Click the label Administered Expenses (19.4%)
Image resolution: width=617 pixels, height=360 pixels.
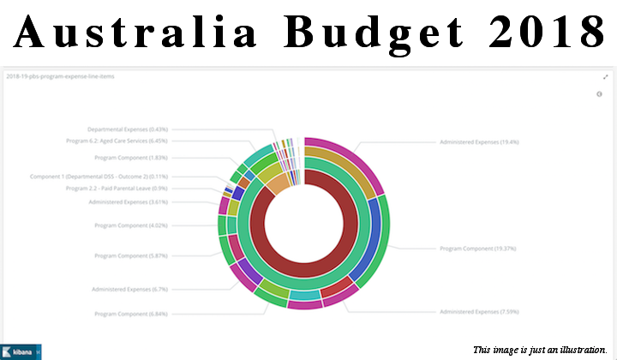tap(479, 141)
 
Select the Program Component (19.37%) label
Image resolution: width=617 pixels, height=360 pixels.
tap(477, 249)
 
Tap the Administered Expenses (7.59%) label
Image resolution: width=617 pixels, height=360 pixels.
tap(479, 311)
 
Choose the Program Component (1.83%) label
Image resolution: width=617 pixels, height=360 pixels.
tap(131, 158)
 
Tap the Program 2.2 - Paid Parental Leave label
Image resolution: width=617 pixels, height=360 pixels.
tap(117, 188)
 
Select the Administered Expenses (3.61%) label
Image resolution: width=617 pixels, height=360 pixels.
tap(128, 202)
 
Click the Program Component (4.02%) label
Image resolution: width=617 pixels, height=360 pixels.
tap(131, 225)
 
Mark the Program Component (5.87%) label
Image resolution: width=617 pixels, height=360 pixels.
tap(131, 255)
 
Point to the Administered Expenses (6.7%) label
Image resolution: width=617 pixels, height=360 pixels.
tap(129, 289)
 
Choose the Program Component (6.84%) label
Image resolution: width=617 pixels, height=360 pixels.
tap(131, 315)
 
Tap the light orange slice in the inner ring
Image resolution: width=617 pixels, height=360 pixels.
tap(279, 183)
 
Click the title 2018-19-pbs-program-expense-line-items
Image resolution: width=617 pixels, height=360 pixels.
tap(60, 76)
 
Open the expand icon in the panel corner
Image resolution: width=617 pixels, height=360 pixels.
tap(606, 77)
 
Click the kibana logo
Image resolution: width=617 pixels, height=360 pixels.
tap(21, 351)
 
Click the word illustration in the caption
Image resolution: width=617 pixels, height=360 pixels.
tap(583, 350)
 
